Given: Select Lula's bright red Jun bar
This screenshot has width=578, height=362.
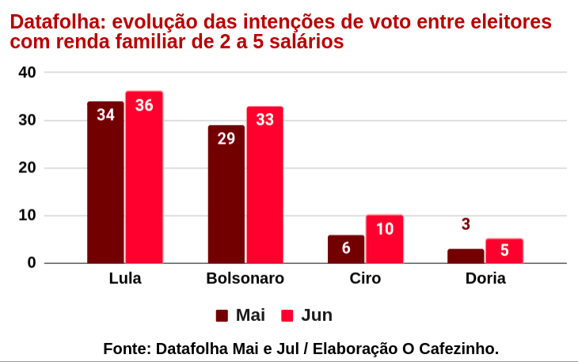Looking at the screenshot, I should coord(143,177).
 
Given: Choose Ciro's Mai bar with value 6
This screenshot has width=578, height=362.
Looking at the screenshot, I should coord(346,249).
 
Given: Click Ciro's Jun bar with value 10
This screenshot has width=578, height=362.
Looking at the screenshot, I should coord(385,239).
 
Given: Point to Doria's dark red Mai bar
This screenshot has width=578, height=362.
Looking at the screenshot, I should coord(466,256).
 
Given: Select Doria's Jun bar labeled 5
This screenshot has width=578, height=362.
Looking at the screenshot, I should coord(504,251).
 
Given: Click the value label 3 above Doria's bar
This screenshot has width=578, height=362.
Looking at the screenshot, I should coord(466,224).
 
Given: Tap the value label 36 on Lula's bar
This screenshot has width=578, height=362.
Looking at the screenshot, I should coord(144,104).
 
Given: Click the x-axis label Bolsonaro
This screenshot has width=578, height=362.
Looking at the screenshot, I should coord(245,278).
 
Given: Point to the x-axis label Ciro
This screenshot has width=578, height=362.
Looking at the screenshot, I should coord(365,278).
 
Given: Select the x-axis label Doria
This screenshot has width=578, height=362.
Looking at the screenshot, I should coord(485,278).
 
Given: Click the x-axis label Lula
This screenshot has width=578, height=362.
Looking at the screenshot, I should coord(125,278).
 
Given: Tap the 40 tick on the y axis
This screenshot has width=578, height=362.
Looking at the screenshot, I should coord(28,73).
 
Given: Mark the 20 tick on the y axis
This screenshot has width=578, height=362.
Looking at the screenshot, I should coord(28,168).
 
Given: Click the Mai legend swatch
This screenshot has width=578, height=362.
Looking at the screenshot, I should coord(222,315).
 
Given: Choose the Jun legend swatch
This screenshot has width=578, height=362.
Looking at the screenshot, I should coord(287,315).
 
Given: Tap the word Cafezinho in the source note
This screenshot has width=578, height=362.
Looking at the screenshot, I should coord(459,349).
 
